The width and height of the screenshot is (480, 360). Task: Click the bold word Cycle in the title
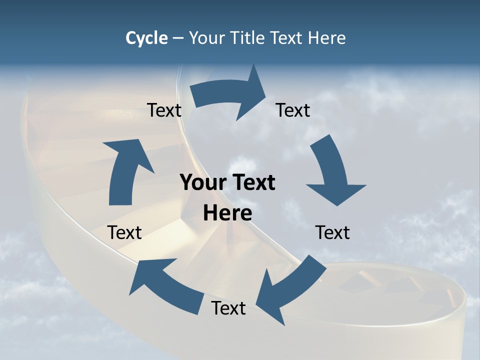[146, 38]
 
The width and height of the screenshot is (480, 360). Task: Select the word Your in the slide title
[206, 38]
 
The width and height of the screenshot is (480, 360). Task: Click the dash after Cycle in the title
[178, 38]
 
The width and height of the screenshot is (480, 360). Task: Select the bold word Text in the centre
[252, 182]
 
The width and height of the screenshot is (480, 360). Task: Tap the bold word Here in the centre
[227, 213]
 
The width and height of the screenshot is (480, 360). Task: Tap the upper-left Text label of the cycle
[164, 110]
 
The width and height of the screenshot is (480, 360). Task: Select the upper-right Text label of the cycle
[293, 110]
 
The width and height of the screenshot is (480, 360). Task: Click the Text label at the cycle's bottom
[228, 308]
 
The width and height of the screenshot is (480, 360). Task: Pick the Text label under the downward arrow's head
[332, 232]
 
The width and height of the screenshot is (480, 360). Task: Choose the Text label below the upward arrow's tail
[124, 232]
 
